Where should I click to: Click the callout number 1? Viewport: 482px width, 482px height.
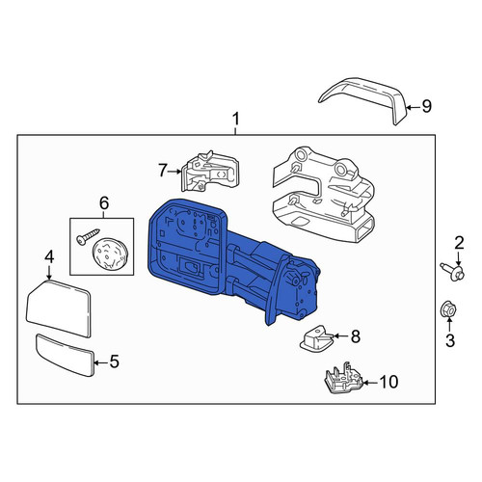coord(236,120)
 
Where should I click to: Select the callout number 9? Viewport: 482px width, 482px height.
coord(427,106)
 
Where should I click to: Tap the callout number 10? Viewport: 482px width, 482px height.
coord(388,382)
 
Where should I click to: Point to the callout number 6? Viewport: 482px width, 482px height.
coord(104,203)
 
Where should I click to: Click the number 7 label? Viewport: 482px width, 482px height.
coord(163,171)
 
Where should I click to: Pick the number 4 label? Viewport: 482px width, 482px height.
coord(49,257)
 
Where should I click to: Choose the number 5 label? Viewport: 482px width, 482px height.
coord(115,361)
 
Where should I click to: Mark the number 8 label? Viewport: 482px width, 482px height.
coord(356,336)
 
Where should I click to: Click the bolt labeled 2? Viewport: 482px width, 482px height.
coord(453,273)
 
